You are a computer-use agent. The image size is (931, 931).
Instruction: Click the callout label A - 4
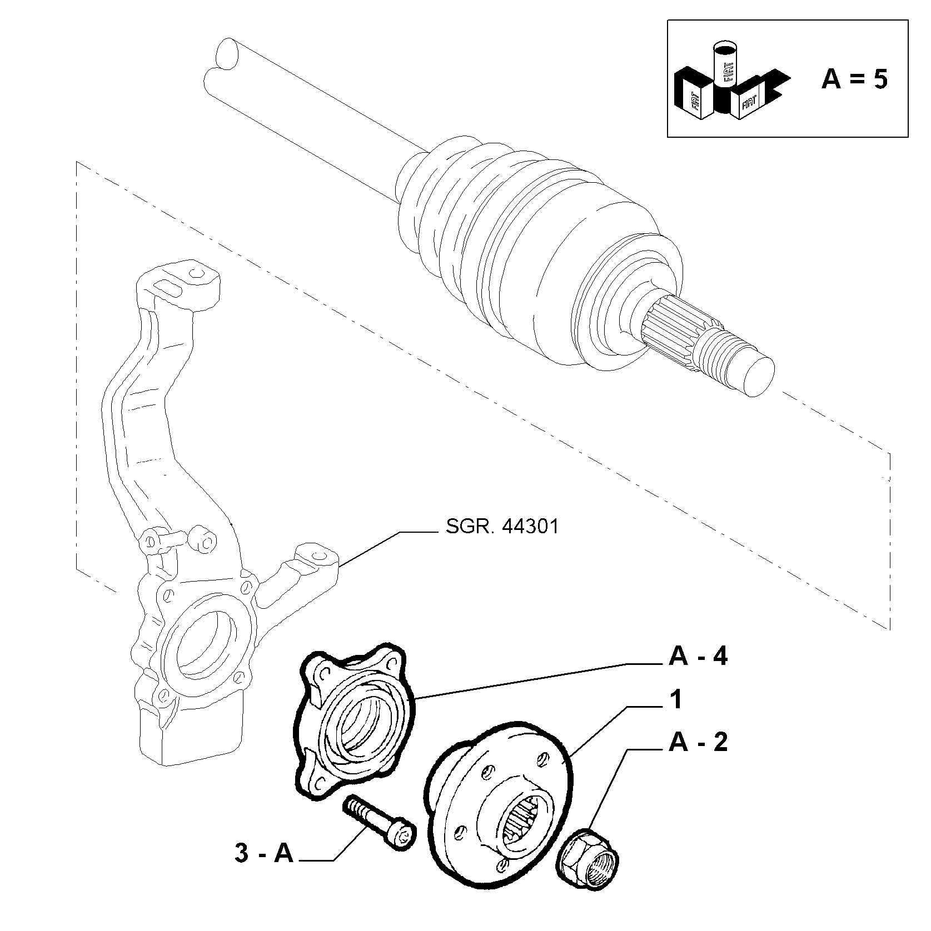(x=698, y=657)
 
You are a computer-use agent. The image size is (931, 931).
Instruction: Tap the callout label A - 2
(x=698, y=742)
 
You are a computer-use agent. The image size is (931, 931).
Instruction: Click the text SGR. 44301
(x=502, y=526)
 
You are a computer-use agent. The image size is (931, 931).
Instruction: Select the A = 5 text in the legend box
(x=854, y=79)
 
